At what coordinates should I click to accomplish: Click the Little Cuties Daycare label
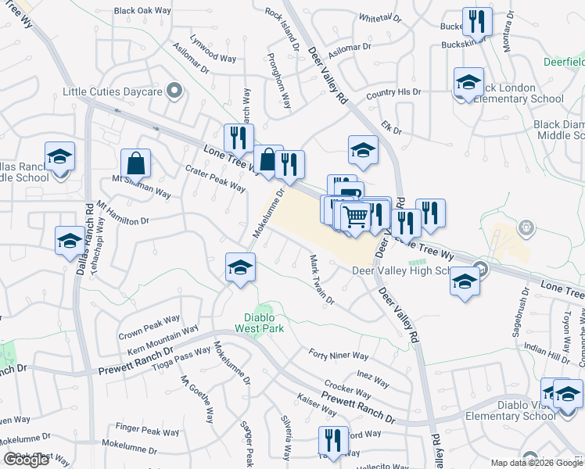coord(112,92)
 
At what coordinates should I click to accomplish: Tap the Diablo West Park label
coord(259,323)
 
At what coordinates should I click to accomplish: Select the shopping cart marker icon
coord(356,216)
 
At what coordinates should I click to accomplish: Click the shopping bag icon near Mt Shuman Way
coord(135,163)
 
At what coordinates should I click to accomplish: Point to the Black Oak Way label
coord(142,11)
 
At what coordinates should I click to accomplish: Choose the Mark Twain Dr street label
coord(321,279)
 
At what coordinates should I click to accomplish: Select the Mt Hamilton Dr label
coord(123,212)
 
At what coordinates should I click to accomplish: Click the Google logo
coord(27,460)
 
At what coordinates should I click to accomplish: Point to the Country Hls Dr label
coord(393,94)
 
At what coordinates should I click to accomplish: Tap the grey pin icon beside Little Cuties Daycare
coord(175,92)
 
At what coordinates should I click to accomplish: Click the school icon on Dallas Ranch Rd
coord(69,241)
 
